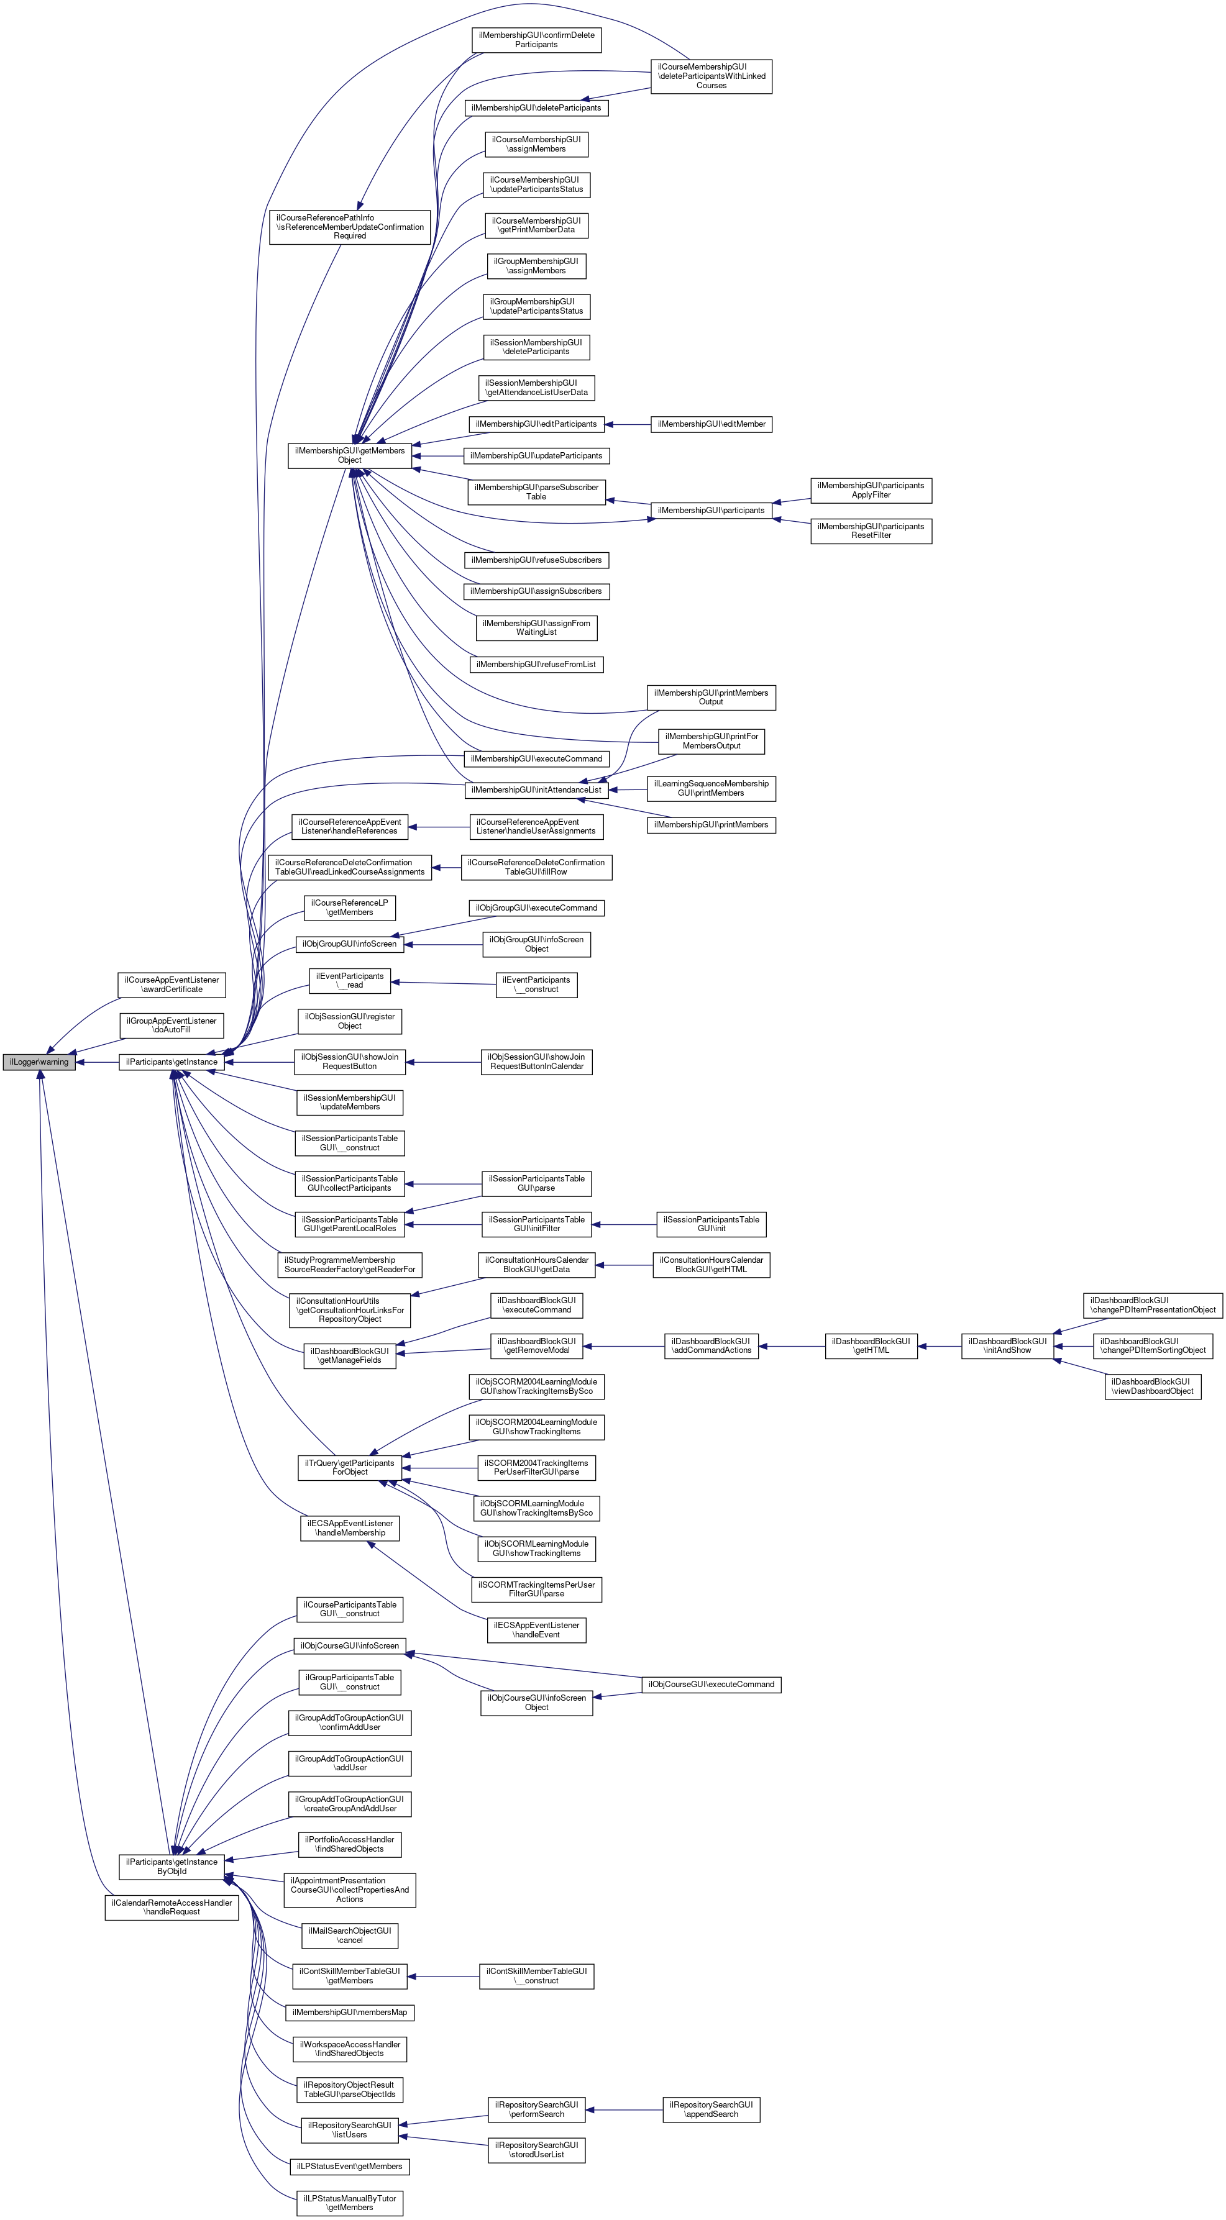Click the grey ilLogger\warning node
click(39, 1062)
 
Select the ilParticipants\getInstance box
click(172, 1062)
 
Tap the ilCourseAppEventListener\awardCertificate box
click(172, 984)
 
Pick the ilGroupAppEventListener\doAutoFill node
click(172, 1025)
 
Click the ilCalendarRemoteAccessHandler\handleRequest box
click(172, 1907)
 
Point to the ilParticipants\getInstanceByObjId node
click(172, 1867)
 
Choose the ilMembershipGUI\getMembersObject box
click(349, 455)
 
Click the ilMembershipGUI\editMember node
click(711, 424)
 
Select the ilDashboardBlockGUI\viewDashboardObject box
click(1152, 1386)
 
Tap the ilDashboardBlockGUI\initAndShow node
click(1007, 1345)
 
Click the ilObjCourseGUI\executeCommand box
click(711, 1684)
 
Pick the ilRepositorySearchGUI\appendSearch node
click(711, 2109)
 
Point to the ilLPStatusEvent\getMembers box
click(349, 2166)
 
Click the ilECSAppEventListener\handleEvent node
click(536, 1630)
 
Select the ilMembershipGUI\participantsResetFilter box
click(871, 531)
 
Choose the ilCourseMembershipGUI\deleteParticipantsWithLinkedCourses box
click(711, 76)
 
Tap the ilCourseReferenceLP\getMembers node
click(349, 908)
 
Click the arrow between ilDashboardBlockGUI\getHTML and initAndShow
click(939, 1345)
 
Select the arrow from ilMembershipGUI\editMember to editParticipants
click(628, 424)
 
